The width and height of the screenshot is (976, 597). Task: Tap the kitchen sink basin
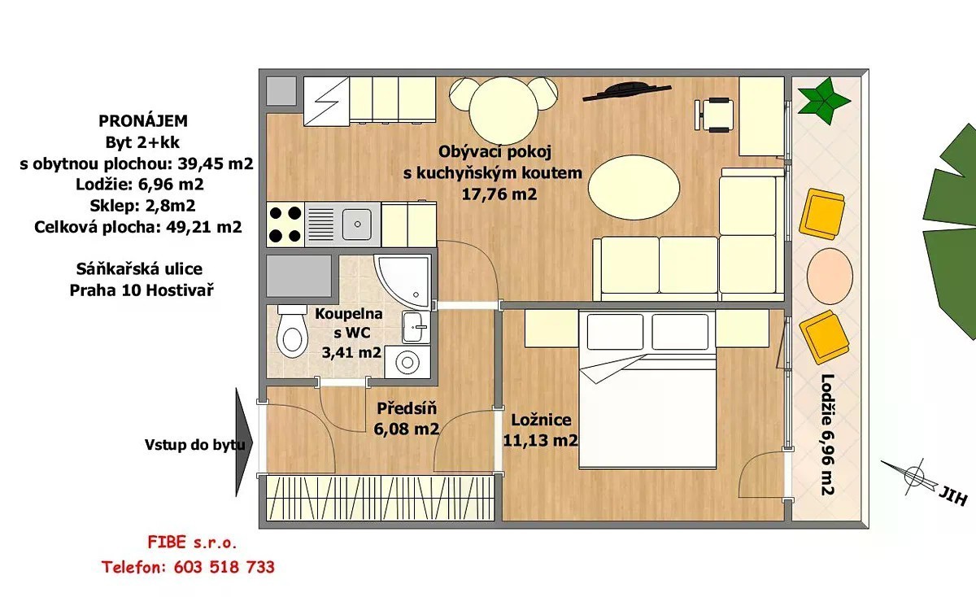357,224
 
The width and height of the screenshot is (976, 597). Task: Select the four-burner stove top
285,224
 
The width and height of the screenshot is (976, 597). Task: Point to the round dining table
503,111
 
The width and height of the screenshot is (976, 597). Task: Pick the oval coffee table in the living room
634,187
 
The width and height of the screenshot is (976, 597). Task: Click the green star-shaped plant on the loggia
823,101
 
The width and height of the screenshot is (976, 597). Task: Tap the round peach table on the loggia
830,276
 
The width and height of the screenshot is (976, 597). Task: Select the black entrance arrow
244,442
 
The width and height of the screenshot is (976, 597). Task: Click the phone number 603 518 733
224,567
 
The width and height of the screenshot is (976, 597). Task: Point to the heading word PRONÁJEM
143,120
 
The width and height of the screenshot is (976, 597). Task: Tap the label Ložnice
541,420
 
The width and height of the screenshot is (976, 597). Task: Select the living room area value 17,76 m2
499,194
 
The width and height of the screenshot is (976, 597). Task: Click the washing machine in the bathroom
407,362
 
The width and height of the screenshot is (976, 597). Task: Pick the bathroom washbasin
416,327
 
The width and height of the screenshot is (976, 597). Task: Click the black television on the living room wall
626,92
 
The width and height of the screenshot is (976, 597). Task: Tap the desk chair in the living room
715,114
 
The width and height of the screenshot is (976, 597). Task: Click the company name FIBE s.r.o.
192,543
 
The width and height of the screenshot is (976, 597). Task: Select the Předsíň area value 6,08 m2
406,429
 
